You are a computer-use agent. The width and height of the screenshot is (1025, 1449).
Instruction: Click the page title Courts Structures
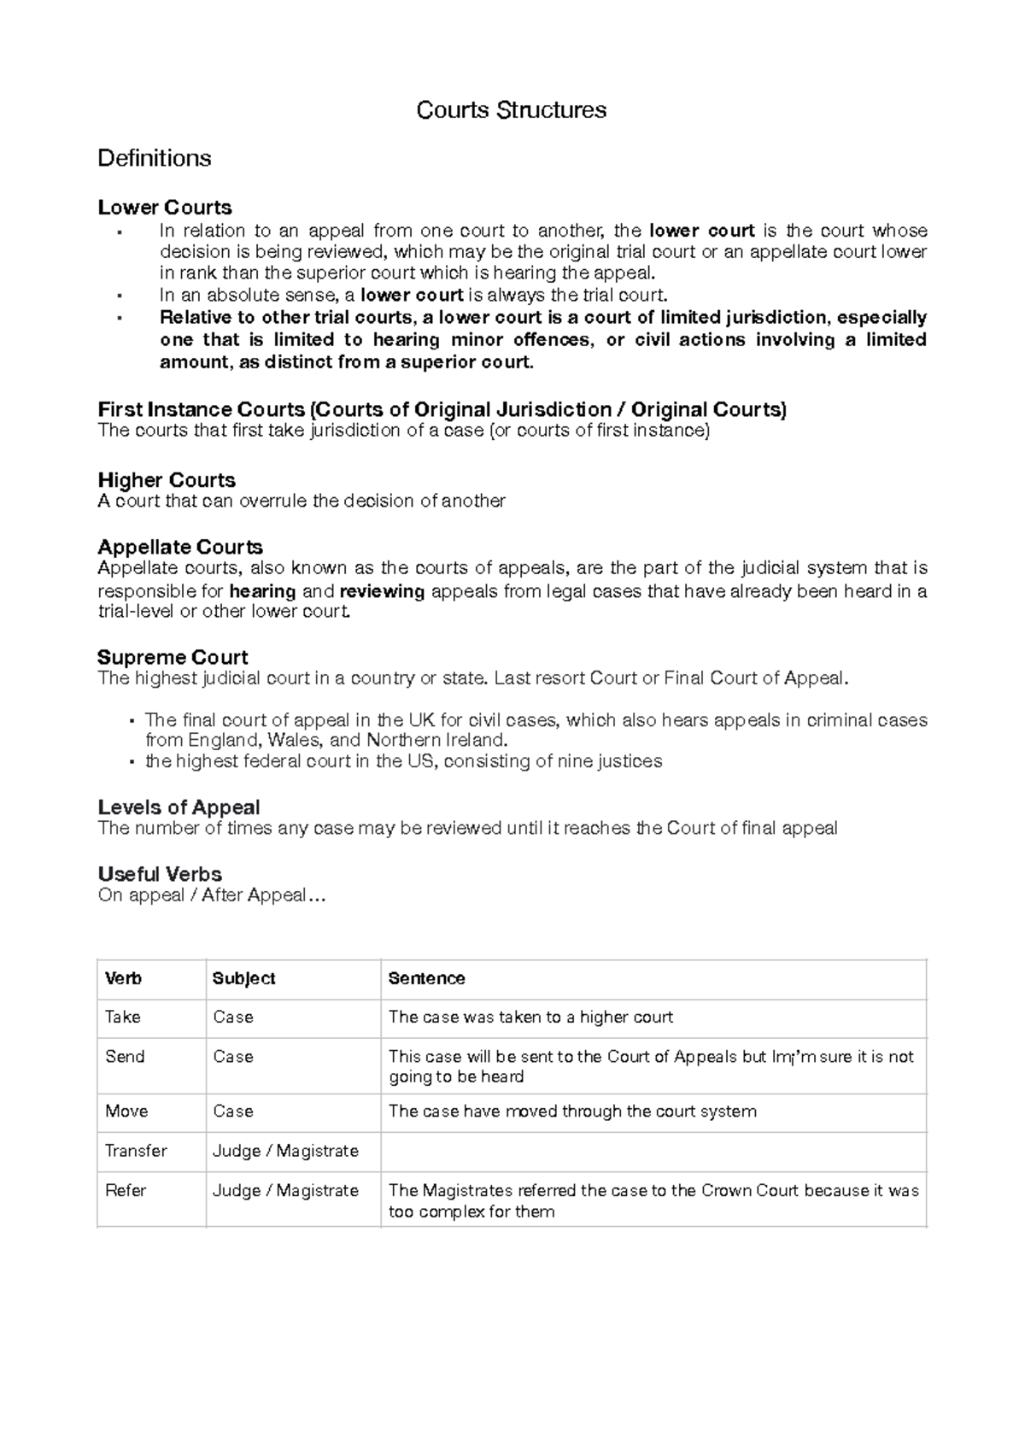pyautogui.click(x=511, y=110)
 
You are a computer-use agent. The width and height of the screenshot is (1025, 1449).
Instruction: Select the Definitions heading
pyautogui.click(x=155, y=158)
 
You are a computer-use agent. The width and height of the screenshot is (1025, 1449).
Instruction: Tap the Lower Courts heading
pyautogui.click(x=165, y=208)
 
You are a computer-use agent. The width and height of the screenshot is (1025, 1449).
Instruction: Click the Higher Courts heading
pyautogui.click(x=167, y=480)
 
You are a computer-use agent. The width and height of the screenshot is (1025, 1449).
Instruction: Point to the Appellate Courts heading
pyautogui.click(x=180, y=547)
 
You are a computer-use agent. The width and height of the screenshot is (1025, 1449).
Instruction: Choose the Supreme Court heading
pyautogui.click(x=173, y=657)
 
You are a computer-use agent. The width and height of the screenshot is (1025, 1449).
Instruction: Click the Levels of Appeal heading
pyautogui.click(x=179, y=807)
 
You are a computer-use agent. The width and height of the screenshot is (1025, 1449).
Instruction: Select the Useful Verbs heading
pyautogui.click(x=160, y=874)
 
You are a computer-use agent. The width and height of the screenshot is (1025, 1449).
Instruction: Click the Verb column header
pyautogui.click(x=123, y=978)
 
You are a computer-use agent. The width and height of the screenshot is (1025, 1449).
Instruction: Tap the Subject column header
pyautogui.click(x=243, y=978)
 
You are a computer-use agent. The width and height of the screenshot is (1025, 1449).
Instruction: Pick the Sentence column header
pyautogui.click(x=426, y=978)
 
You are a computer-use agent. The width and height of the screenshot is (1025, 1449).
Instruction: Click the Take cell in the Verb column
pyautogui.click(x=123, y=1017)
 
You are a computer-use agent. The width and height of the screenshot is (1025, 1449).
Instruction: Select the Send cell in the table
pyautogui.click(x=125, y=1057)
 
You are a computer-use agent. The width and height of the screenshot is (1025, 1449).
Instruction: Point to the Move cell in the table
pyautogui.click(x=126, y=1111)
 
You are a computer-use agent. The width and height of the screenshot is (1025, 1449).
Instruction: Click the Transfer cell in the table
pyautogui.click(x=136, y=1151)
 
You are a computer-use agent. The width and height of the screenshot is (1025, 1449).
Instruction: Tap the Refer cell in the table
pyautogui.click(x=126, y=1190)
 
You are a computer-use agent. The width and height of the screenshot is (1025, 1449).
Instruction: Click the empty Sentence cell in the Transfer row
pyautogui.click(x=653, y=1152)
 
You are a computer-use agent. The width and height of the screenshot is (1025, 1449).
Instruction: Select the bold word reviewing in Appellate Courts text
pyautogui.click(x=382, y=591)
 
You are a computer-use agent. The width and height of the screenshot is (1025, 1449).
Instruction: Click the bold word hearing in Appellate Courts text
pyautogui.click(x=262, y=591)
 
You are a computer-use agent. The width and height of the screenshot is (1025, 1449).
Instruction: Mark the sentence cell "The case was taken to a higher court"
pyautogui.click(x=530, y=1017)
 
